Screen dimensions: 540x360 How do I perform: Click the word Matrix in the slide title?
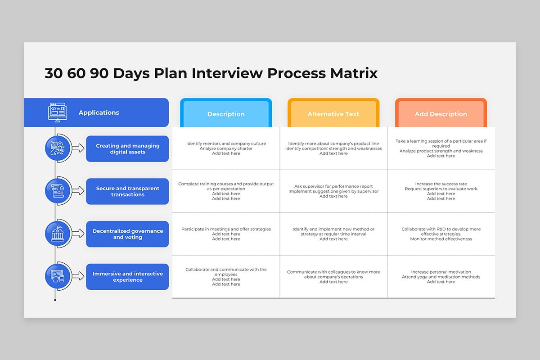click(x=354, y=73)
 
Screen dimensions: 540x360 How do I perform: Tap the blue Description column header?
click(x=226, y=112)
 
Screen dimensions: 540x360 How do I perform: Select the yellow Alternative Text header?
click(x=333, y=112)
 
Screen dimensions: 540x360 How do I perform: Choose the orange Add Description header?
click(x=441, y=112)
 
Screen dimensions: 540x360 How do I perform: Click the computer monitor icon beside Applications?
click(x=58, y=112)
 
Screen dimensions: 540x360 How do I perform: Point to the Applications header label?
click(x=99, y=112)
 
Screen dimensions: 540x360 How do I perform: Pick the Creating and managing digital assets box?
click(x=127, y=149)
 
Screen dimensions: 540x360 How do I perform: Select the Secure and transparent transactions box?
click(x=127, y=191)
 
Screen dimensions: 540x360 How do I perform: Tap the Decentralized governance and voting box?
click(x=127, y=234)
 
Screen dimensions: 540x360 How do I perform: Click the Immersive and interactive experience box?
click(x=127, y=277)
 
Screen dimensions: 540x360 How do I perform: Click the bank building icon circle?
click(x=58, y=234)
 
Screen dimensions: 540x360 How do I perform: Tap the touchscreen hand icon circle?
click(x=58, y=276)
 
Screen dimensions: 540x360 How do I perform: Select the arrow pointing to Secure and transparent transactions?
click(x=78, y=191)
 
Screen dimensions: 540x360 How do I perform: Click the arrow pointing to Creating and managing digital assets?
click(x=78, y=148)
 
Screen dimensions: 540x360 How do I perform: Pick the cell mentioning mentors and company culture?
click(x=226, y=148)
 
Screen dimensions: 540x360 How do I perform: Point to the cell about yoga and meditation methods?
click(x=441, y=277)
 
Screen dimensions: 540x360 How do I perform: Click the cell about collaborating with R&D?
click(x=441, y=234)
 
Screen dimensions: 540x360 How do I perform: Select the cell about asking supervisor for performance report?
click(x=333, y=191)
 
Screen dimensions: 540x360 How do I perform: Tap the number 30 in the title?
click(x=54, y=73)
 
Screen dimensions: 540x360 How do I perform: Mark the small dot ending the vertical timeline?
click(x=55, y=300)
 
